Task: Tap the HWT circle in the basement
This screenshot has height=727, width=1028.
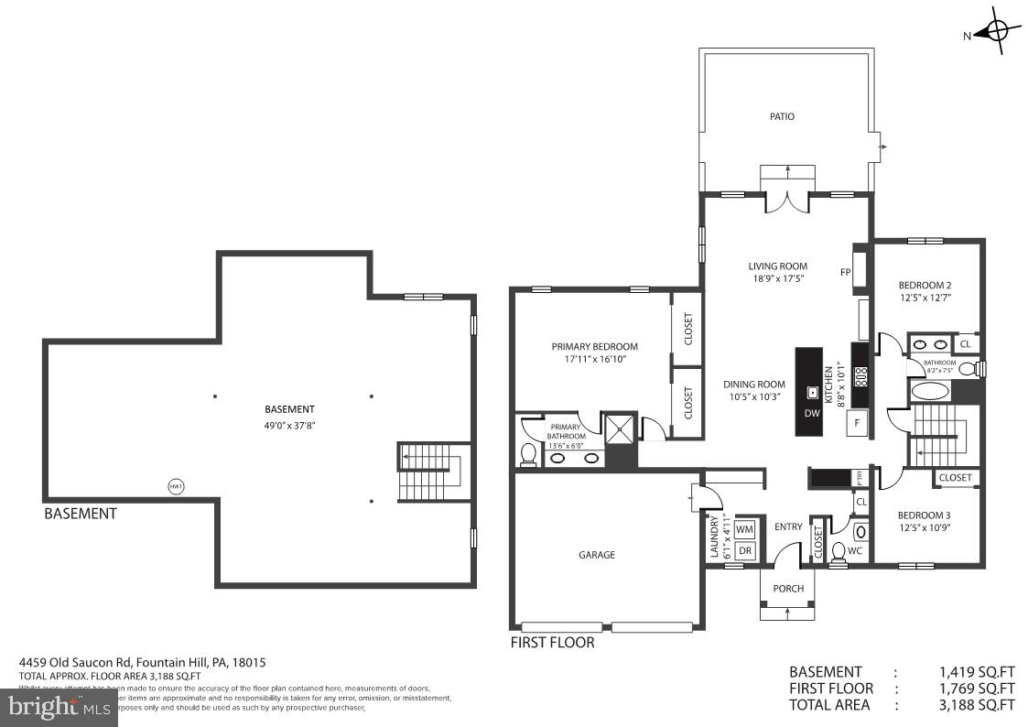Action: [x=176, y=486]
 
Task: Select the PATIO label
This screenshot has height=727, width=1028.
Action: [x=782, y=116]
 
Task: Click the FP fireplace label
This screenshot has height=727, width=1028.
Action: [x=846, y=272]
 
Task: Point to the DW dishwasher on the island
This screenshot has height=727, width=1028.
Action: [x=811, y=412]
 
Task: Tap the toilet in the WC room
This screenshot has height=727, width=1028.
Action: [x=839, y=551]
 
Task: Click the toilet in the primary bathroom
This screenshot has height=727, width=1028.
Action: [x=528, y=453]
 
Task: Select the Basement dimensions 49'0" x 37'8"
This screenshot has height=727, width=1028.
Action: [x=289, y=424]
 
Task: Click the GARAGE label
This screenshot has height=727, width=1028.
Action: [x=597, y=555]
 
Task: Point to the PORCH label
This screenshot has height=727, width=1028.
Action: [x=787, y=589]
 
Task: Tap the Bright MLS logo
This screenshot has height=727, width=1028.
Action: [x=59, y=706]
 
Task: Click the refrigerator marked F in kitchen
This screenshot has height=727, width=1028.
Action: [x=857, y=423]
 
